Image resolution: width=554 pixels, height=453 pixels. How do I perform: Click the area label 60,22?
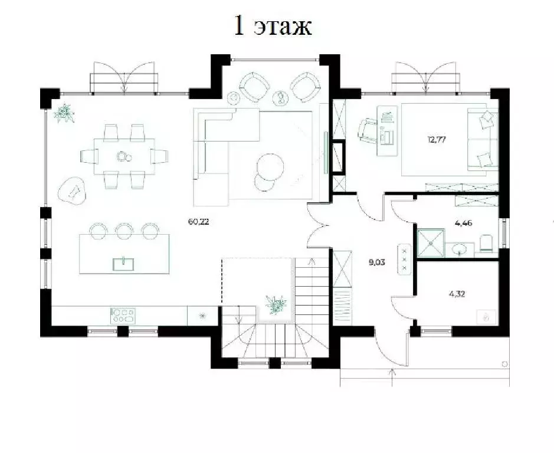[x=199, y=222]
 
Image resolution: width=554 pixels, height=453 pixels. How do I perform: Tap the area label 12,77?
[x=437, y=139]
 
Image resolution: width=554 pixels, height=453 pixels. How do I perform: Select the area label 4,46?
[x=464, y=223]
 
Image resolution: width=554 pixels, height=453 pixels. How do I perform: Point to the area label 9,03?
[x=376, y=262]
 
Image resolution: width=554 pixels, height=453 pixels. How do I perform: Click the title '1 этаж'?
[x=273, y=26]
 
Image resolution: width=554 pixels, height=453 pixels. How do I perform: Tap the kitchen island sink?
[x=123, y=264]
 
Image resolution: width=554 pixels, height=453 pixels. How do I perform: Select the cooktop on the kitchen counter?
[x=123, y=316]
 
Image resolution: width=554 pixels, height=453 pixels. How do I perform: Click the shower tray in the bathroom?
[x=431, y=242]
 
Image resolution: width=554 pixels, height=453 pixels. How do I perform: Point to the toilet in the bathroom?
[x=486, y=244]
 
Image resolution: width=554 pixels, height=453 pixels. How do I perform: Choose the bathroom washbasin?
[x=460, y=248]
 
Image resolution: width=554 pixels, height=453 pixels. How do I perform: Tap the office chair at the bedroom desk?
[x=368, y=132]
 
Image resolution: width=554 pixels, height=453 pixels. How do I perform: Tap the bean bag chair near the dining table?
[x=73, y=191]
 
